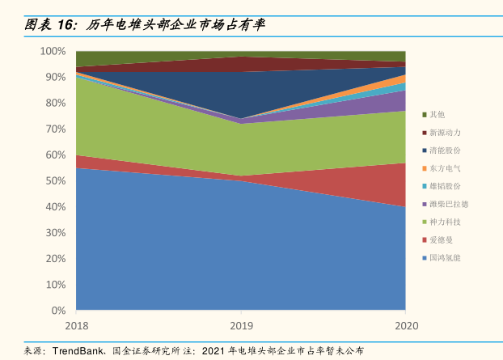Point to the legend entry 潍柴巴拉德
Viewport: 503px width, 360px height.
(x=450, y=204)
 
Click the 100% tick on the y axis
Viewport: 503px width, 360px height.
(x=53, y=51)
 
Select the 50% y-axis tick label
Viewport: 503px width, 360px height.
(x=55, y=181)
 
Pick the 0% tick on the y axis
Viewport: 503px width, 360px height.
(x=58, y=311)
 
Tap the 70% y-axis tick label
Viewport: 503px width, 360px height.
(x=55, y=129)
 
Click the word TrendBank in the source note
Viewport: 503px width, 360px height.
(x=78, y=351)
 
